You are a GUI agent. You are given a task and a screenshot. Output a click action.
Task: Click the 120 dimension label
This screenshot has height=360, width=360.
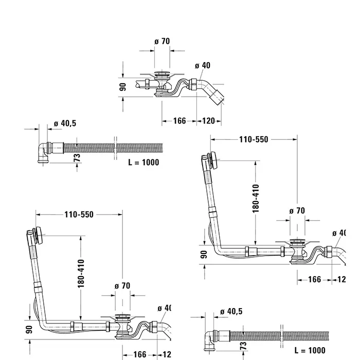(208, 121)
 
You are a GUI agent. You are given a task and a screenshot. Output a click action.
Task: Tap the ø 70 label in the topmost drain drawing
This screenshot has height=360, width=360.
(162, 41)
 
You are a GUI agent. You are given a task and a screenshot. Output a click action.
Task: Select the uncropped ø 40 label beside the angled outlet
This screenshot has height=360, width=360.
(203, 65)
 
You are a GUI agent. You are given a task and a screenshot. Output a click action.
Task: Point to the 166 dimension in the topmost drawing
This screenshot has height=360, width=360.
(179, 121)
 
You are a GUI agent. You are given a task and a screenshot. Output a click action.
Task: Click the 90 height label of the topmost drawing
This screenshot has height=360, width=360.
(123, 86)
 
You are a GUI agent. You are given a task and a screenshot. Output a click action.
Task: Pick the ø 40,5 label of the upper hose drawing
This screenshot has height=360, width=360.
(65, 123)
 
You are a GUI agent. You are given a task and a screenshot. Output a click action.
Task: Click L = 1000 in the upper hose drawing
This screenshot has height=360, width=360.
(143, 162)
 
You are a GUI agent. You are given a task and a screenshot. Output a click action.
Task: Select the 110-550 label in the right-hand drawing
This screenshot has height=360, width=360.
(254, 139)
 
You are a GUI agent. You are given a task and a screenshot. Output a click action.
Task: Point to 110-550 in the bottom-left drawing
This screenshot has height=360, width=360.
(79, 214)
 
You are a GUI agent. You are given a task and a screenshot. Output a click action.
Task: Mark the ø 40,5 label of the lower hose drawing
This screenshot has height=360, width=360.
(231, 311)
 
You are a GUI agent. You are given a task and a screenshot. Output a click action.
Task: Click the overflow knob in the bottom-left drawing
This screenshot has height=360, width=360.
(34, 235)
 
